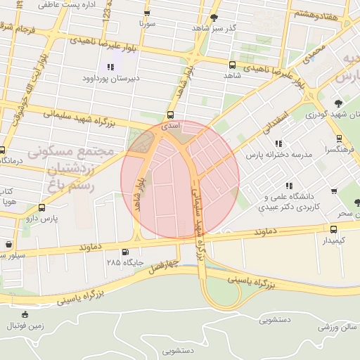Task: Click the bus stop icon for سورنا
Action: click(x=146, y=13)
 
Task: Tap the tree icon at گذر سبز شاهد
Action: click(x=214, y=17)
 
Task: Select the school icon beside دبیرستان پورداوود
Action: click(x=110, y=67)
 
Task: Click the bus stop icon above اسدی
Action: click(x=170, y=115)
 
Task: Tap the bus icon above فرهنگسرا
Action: click(x=339, y=139)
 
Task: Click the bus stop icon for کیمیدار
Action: click(x=334, y=229)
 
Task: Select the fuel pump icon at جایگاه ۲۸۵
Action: click(x=125, y=252)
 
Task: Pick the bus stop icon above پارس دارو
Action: click(x=42, y=208)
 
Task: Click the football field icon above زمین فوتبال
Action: click(x=26, y=314)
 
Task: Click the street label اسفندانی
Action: click(x=274, y=120)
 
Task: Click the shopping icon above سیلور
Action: click(x=8, y=244)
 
